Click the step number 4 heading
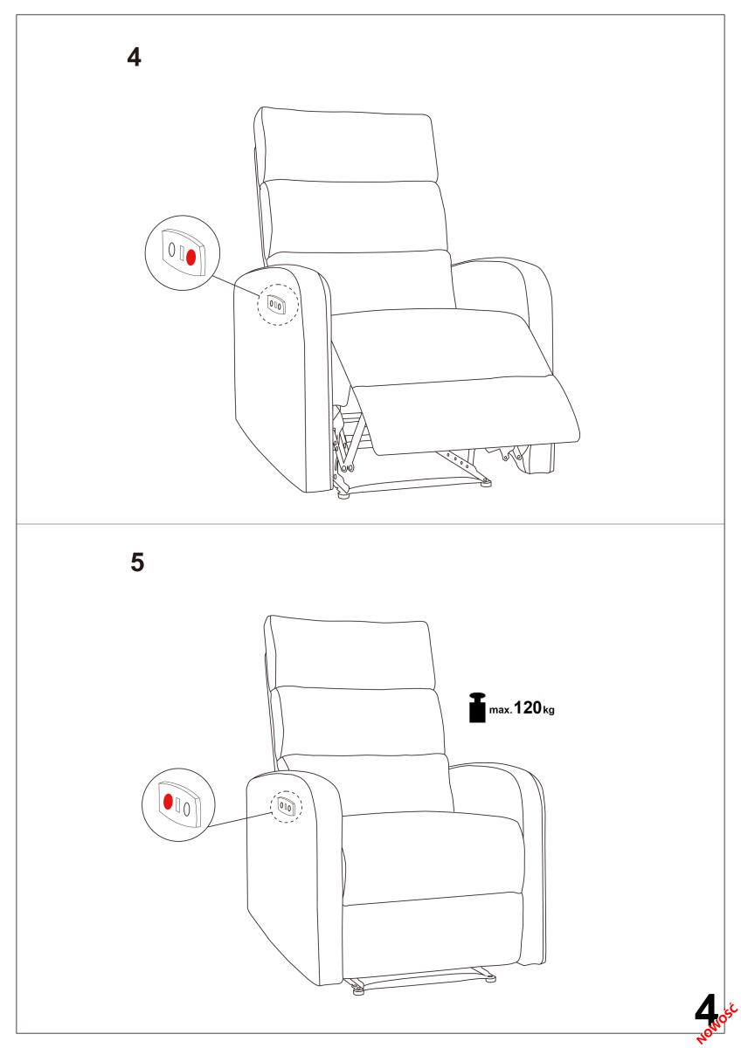(x=134, y=57)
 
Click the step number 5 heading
(x=137, y=562)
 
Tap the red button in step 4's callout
(x=190, y=257)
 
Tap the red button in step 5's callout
(x=168, y=802)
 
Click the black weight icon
(x=477, y=707)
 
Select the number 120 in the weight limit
(x=528, y=707)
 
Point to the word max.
(x=501, y=710)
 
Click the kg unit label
(x=548, y=710)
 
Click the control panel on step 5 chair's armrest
(x=286, y=805)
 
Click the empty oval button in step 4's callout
(x=172, y=250)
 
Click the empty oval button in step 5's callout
(x=187, y=809)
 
